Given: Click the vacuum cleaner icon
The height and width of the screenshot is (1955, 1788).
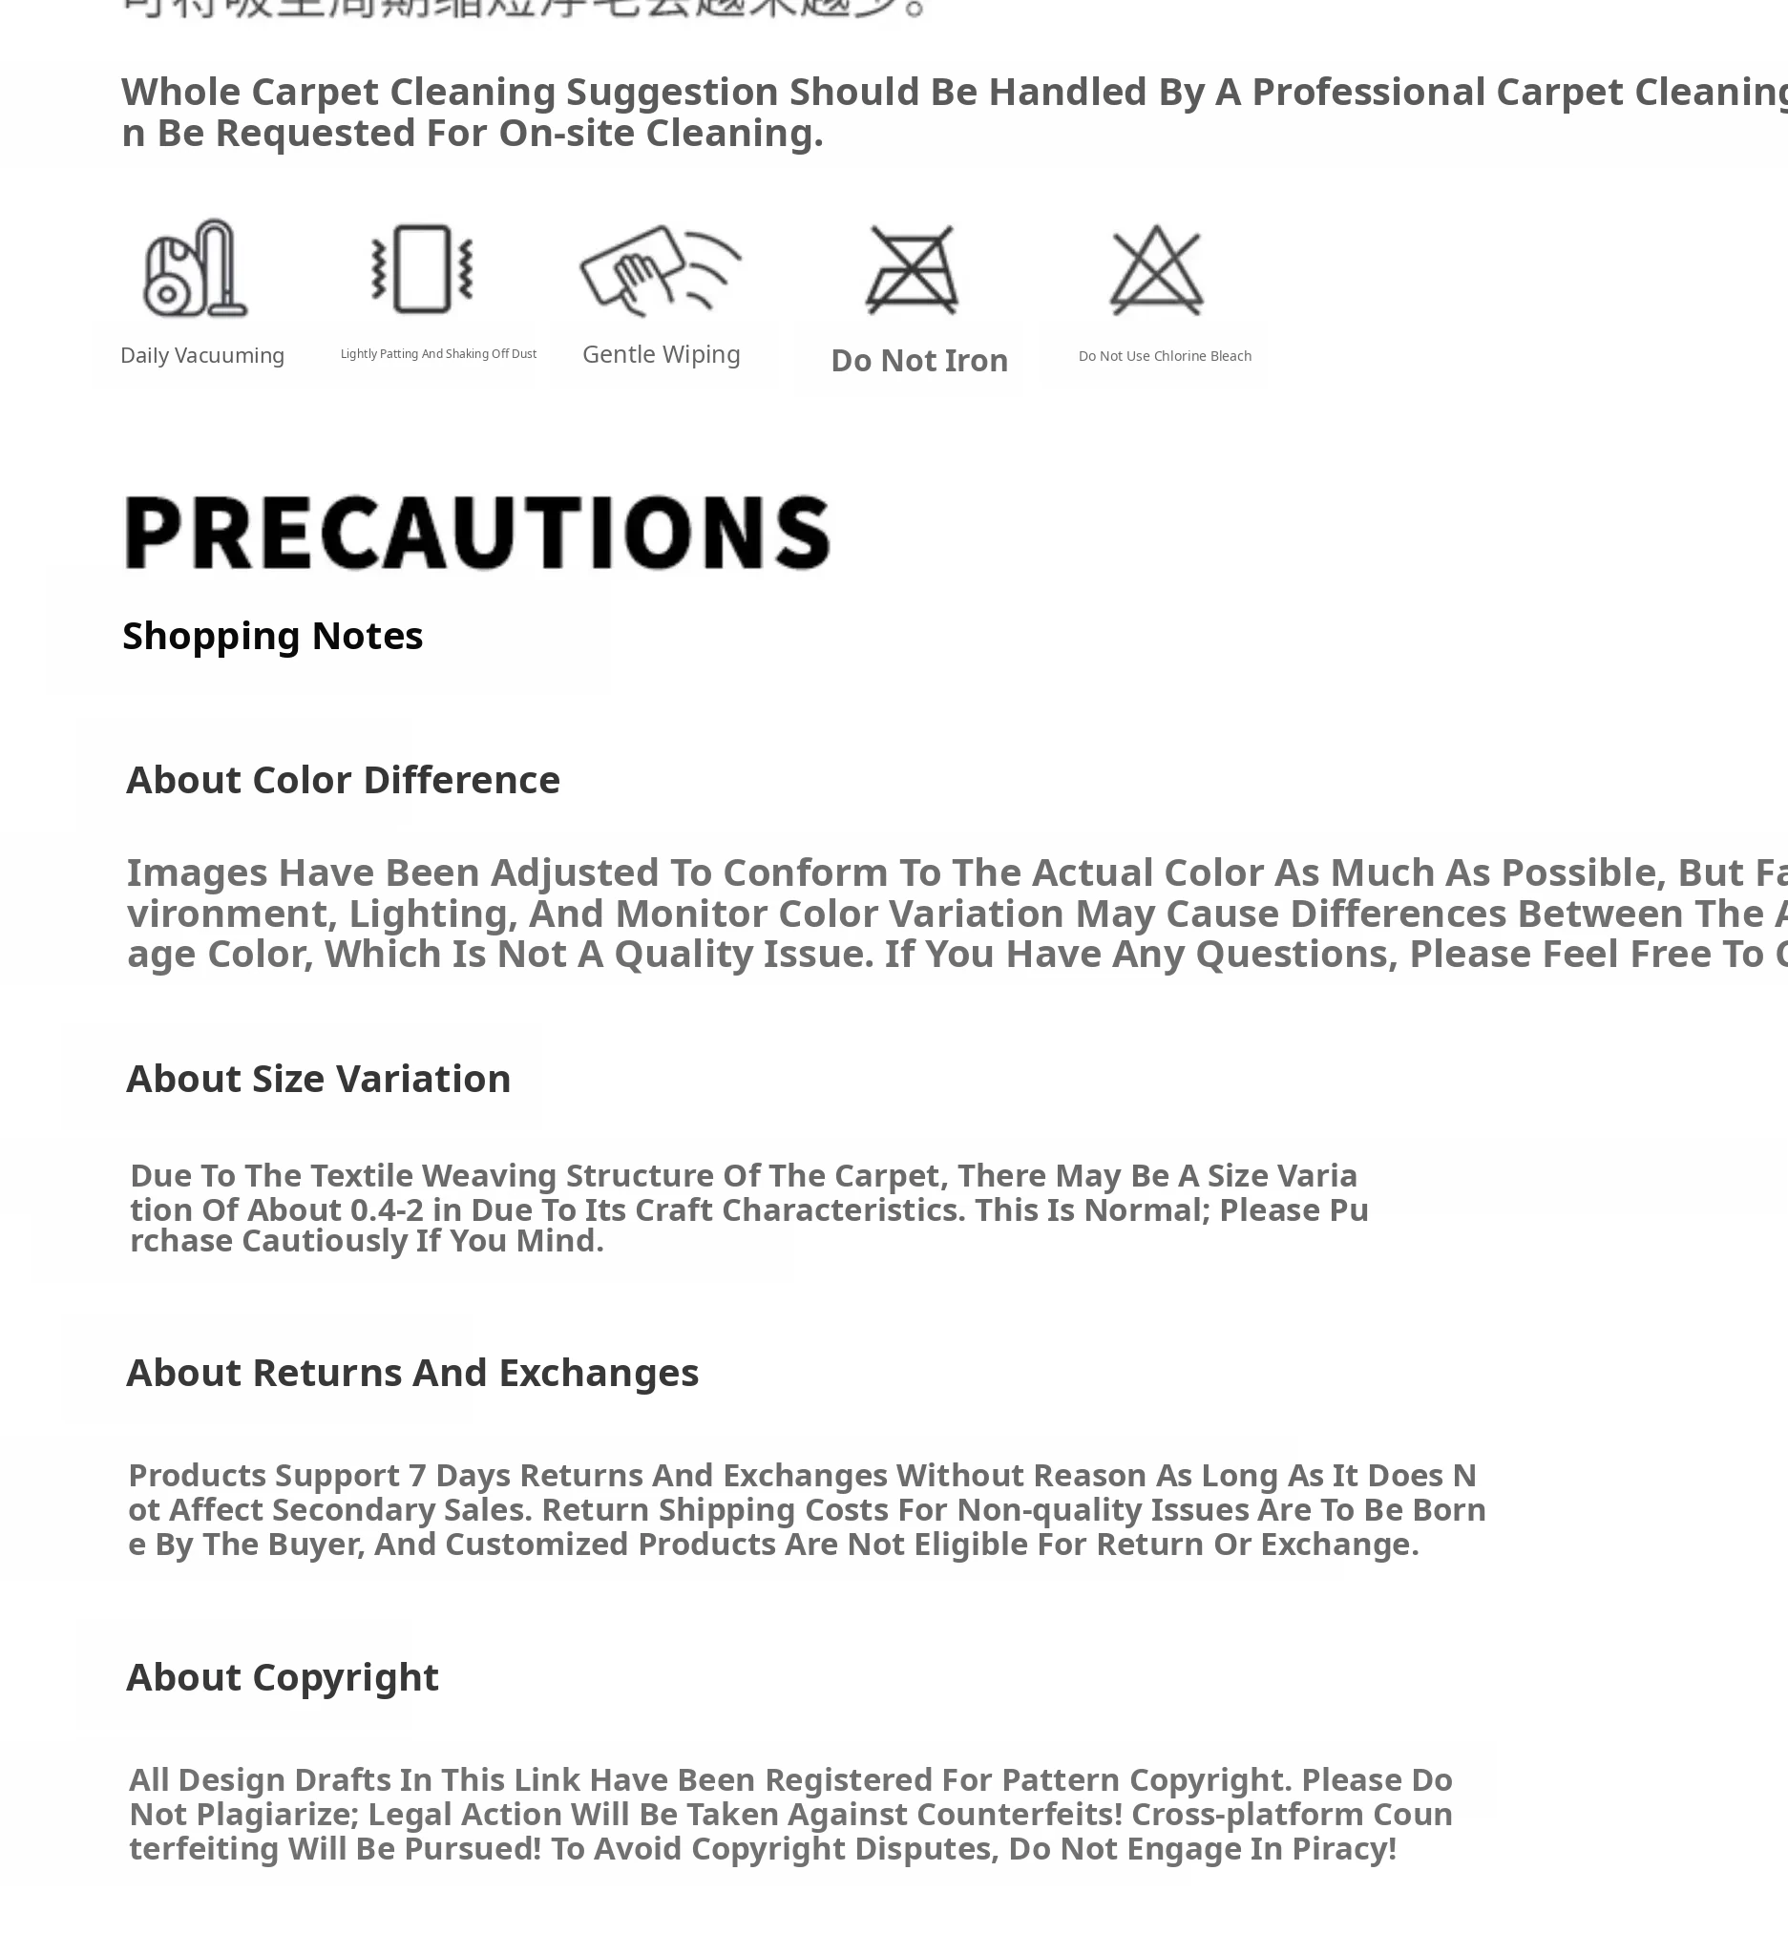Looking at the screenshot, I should [x=195, y=268].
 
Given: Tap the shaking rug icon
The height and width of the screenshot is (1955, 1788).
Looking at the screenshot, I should [x=422, y=268].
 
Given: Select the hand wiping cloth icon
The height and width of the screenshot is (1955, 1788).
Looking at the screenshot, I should [x=660, y=269].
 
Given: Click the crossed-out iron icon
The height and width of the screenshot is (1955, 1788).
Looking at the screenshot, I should [x=912, y=269].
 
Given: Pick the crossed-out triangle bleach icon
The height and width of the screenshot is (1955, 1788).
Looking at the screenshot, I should [x=1156, y=269].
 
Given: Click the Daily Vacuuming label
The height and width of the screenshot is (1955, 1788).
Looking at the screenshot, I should [x=201, y=356].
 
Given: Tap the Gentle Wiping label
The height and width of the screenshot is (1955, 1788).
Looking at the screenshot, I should [x=662, y=355].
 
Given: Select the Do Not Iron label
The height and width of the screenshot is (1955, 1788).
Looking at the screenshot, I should [x=919, y=361].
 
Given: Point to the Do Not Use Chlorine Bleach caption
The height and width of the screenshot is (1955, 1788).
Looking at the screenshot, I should [x=1165, y=356].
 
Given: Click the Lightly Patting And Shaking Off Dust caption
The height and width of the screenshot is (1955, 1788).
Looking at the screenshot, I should [x=438, y=354].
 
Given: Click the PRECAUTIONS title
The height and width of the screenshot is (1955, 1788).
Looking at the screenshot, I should [x=477, y=533].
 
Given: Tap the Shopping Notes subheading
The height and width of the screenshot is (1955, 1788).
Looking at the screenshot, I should [x=272, y=636].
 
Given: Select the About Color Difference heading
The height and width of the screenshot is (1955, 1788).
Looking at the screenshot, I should [x=344, y=780].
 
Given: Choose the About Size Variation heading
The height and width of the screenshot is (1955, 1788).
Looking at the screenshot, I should [x=318, y=1079].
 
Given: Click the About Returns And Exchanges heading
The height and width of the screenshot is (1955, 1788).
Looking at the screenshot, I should [x=412, y=1372].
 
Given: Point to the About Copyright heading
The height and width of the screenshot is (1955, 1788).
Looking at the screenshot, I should [x=283, y=1676].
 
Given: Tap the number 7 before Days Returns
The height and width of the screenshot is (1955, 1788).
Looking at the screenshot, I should [x=417, y=1475].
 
